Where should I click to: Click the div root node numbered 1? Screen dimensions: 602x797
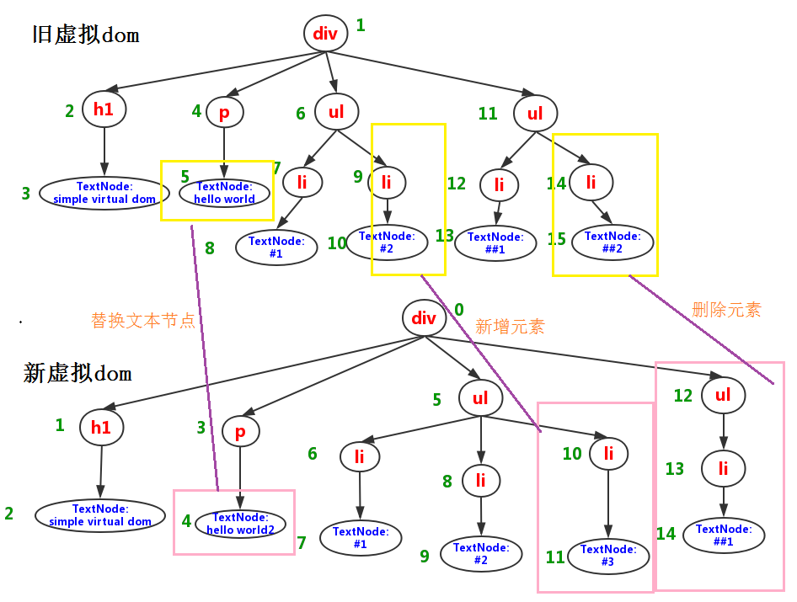pos(325,34)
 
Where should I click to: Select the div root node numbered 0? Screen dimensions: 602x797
pos(424,318)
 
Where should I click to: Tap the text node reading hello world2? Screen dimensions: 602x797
pos(240,524)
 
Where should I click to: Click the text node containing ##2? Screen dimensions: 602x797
pos(612,242)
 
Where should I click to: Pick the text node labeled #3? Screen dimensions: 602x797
pos(608,556)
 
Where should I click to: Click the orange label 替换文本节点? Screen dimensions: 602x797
pos(143,321)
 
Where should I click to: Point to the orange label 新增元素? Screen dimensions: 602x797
pos(510,327)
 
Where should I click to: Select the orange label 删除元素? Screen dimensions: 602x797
pos(725,310)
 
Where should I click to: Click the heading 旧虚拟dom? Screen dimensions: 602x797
pos(85,35)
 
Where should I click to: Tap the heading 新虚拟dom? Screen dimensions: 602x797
pos(78,373)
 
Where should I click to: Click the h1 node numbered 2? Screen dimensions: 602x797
pos(104,109)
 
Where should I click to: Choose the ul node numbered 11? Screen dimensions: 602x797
pos(535,114)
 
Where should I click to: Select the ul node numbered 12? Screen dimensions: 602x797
pos(723,396)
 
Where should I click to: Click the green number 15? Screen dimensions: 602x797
pos(557,239)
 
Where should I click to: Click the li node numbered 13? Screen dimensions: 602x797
pos(723,469)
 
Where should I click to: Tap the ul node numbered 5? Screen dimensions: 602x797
pos(480,398)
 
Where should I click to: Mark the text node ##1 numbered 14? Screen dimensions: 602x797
pos(723,535)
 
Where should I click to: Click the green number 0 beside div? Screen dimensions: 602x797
pos(458,310)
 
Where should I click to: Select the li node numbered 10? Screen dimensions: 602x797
pos(608,455)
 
